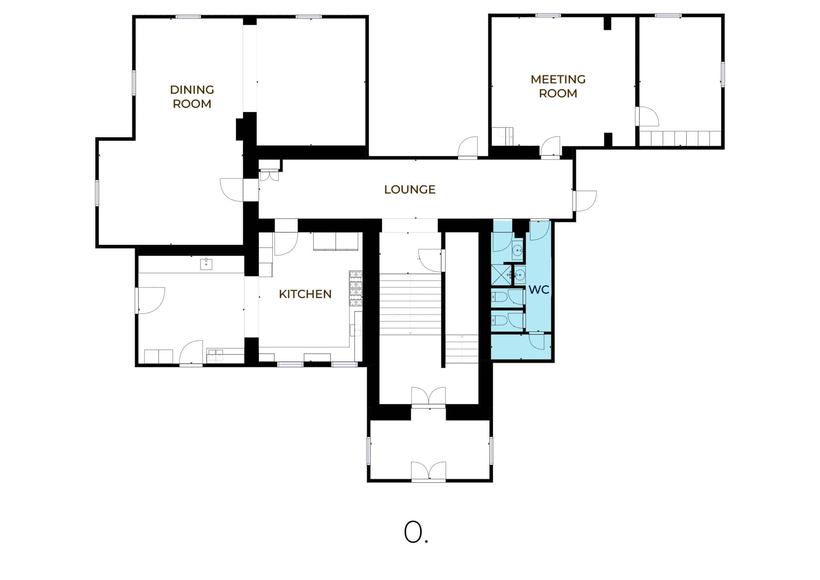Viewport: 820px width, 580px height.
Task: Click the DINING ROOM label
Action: click(x=192, y=97)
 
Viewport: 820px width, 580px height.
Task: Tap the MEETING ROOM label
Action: click(x=558, y=86)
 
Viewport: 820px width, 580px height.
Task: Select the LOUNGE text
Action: click(x=410, y=189)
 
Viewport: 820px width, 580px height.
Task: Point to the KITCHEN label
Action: click(x=305, y=294)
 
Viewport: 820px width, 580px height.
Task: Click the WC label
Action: click(x=539, y=290)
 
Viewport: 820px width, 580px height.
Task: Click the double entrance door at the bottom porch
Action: click(x=428, y=471)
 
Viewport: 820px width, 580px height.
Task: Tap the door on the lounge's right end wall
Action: click(x=585, y=201)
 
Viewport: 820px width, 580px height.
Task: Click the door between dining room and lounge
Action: click(x=232, y=189)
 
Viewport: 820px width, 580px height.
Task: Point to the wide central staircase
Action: click(x=410, y=304)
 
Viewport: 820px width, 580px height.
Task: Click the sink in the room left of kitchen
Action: click(x=206, y=264)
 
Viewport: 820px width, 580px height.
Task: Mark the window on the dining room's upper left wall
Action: click(x=134, y=83)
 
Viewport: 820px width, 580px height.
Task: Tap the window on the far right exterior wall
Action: click(x=723, y=75)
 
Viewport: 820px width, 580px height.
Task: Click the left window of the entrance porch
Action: click(x=369, y=451)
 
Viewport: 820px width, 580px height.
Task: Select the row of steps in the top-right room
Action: click(x=680, y=138)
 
